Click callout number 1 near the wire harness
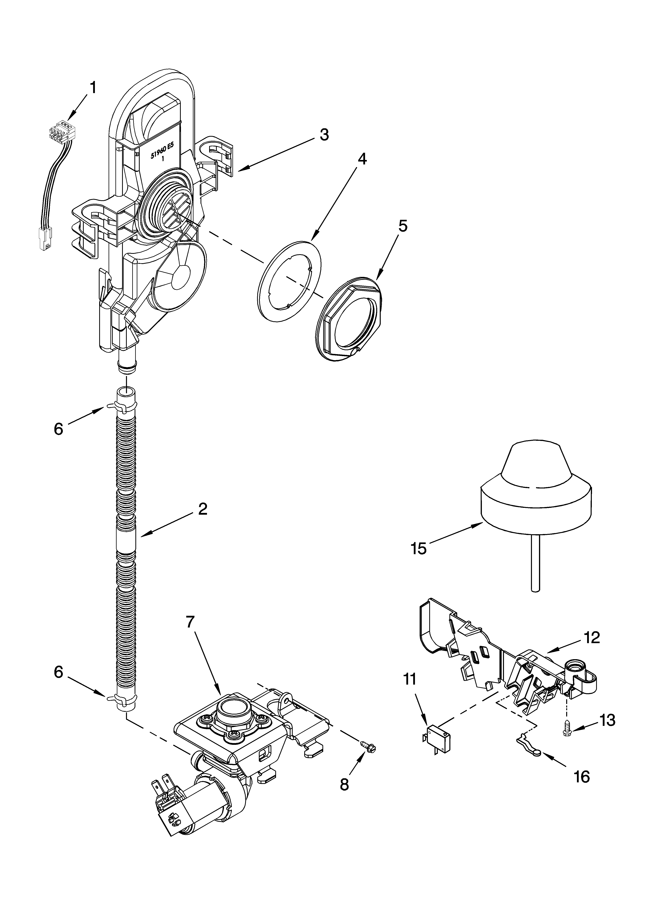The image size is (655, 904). click(x=93, y=88)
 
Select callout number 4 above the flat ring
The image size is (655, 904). click(x=361, y=159)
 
